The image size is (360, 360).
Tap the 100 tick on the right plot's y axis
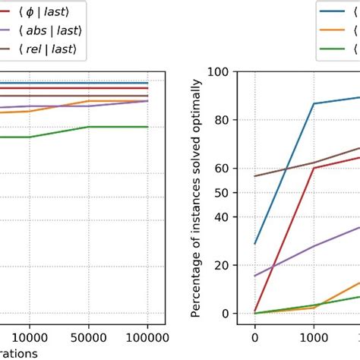219,71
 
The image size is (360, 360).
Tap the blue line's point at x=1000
313,103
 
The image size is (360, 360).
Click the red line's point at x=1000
313,168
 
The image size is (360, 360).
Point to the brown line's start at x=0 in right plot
254,176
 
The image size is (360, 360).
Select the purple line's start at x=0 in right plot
254,276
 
